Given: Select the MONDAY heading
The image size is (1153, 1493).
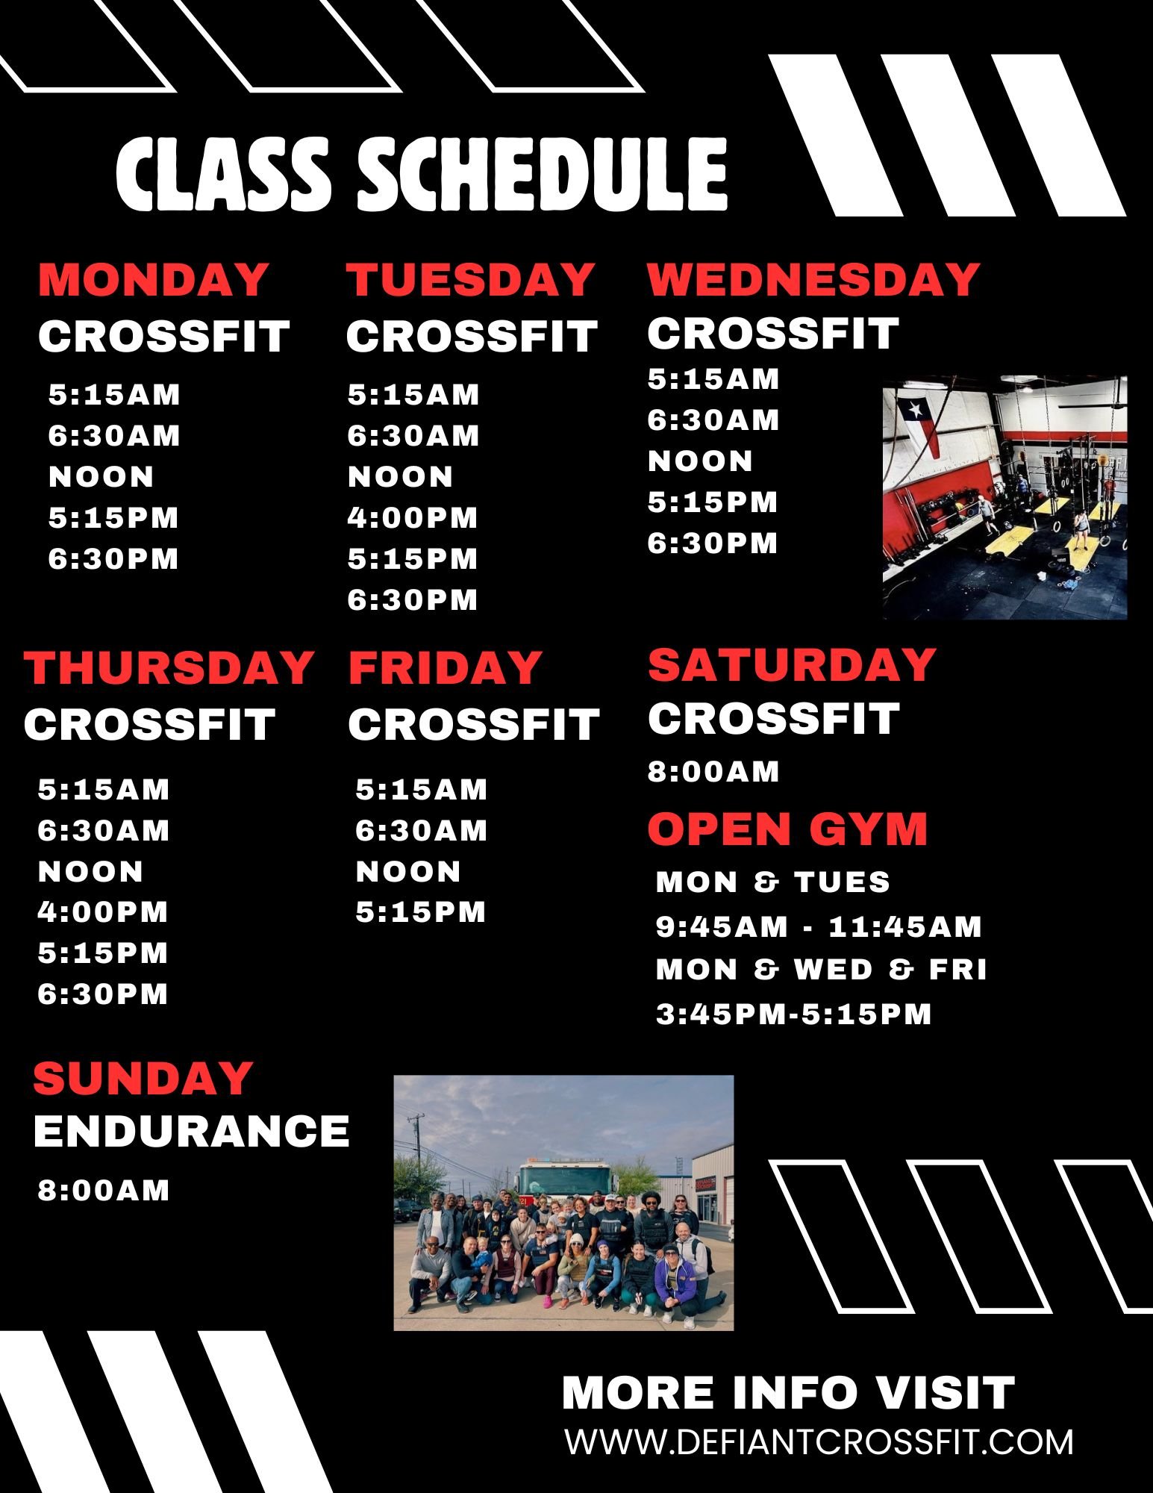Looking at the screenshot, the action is click(x=153, y=279).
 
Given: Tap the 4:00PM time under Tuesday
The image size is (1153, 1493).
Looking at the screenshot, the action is click(x=413, y=517).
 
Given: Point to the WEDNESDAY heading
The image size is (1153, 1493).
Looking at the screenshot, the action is click(x=813, y=279).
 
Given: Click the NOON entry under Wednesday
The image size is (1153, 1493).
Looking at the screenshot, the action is click(x=700, y=461).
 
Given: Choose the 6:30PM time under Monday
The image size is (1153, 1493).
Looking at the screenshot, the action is click(x=113, y=558).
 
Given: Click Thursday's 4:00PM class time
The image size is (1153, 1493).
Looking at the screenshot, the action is click(x=103, y=911).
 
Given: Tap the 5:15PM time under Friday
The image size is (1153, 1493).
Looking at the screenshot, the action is click(x=421, y=911).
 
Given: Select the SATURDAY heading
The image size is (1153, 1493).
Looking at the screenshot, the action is click(x=792, y=664).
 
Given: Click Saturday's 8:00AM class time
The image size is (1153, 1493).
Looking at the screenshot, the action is click(x=713, y=771).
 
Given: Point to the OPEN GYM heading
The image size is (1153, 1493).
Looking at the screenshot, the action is click(x=787, y=829).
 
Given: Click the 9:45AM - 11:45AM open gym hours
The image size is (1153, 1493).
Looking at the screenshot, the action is click(x=819, y=926).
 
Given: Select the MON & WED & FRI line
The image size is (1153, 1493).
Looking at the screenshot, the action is click(x=822, y=969).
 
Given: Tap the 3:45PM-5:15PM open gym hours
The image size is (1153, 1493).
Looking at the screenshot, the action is click(x=794, y=1014).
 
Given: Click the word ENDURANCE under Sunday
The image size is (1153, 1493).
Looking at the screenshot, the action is click(x=192, y=1131).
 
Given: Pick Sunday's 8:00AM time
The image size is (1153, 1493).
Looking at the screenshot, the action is click(x=104, y=1190).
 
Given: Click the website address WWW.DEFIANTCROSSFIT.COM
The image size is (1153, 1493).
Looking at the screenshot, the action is click(x=819, y=1441).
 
